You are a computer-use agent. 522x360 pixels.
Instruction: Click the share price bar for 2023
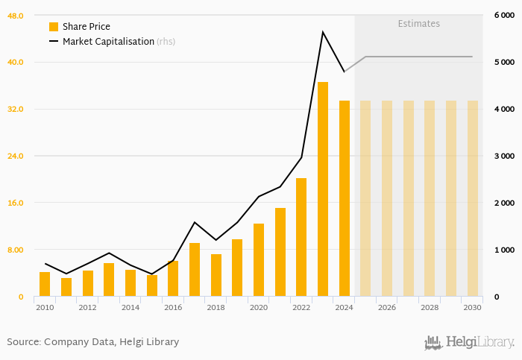tap(323, 189)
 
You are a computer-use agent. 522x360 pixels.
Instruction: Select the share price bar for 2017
tap(195, 270)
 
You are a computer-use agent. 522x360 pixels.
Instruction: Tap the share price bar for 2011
tap(66, 287)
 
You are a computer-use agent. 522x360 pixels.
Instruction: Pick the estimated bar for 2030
tap(473, 198)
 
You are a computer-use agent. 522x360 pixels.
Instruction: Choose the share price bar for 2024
tap(345, 198)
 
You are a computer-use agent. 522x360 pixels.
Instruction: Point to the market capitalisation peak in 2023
tap(323, 32)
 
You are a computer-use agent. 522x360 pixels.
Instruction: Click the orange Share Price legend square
tap(54, 27)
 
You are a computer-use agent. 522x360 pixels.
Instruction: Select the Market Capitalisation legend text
tap(108, 42)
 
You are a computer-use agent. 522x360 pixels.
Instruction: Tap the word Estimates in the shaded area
tap(418, 24)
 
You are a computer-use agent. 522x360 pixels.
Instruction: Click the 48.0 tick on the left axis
tap(16, 16)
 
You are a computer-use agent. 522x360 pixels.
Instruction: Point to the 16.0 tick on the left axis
tap(16, 203)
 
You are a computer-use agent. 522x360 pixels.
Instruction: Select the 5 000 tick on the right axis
tap(504, 63)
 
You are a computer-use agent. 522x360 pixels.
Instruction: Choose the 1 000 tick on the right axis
tap(504, 250)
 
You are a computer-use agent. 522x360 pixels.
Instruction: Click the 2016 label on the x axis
tap(173, 308)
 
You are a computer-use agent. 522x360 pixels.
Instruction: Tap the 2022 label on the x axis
tap(301, 308)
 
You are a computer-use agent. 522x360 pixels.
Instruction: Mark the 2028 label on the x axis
tap(430, 308)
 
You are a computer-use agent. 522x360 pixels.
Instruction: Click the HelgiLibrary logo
tap(469, 343)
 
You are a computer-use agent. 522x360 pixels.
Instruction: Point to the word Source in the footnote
tap(23, 342)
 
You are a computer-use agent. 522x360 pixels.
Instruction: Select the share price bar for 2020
tap(259, 260)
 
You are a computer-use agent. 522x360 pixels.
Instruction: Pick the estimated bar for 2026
tap(387, 198)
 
